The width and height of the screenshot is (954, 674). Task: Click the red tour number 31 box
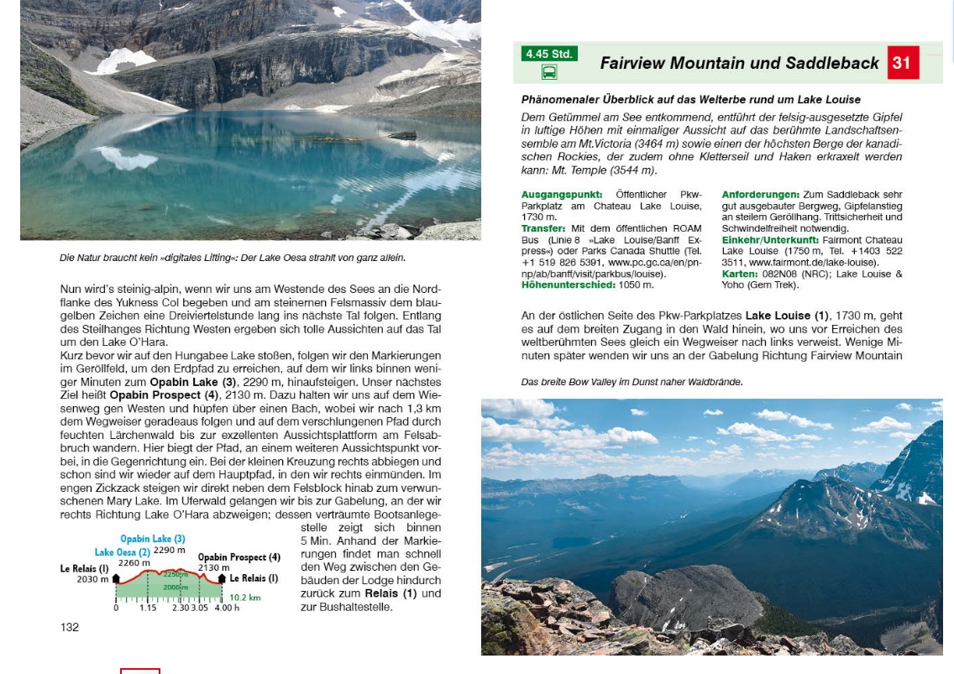pyautogui.click(x=902, y=63)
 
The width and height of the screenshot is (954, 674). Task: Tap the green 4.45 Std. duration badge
pyautogui.click(x=548, y=54)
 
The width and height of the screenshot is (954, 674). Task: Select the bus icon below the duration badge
pyautogui.click(x=548, y=72)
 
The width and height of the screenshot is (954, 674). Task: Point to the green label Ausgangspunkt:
pyautogui.click(x=562, y=195)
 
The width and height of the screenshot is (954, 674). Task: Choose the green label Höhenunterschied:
pyautogui.click(x=569, y=285)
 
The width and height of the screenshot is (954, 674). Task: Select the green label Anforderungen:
pyautogui.click(x=760, y=195)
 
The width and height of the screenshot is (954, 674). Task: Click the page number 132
pyautogui.click(x=70, y=627)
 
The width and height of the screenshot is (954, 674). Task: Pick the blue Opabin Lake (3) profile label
pyautogui.click(x=152, y=539)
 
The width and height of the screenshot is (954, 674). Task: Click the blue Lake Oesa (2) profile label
pyautogui.click(x=122, y=552)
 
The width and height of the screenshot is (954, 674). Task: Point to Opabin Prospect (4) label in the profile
pyautogui.click(x=238, y=557)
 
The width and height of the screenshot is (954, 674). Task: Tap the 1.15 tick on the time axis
pyautogui.click(x=148, y=608)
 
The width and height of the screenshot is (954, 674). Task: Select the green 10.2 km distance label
pyautogui.click(x=244, y=598)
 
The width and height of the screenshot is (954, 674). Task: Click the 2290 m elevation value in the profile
pyautogui.click(x=170, y=551)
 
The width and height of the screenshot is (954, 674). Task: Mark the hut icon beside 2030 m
pyautogui.click(x=115, y=578)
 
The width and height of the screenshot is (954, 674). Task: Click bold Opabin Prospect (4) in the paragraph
pyautogui.click(x=163, y=394)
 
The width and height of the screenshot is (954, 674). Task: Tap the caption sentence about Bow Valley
pyautogui.click(x=632, y=382)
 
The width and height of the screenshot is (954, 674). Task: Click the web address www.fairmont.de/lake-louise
pyautogui.click(x=802, y=263)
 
